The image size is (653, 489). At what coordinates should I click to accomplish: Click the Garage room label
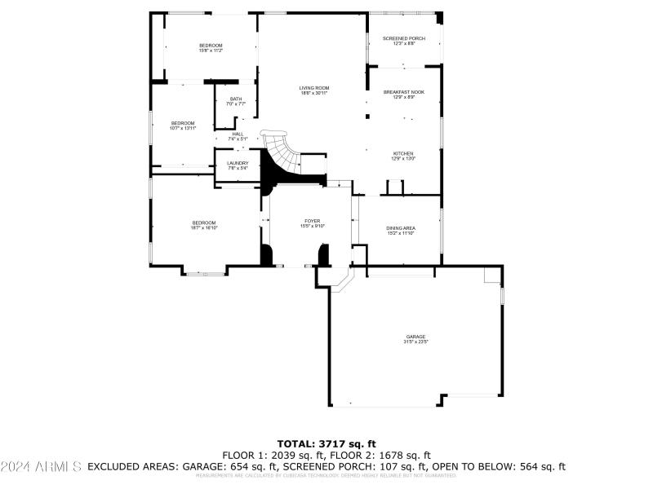click(x=416, y=337)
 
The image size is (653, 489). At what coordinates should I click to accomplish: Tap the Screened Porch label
click(x=404, y=38)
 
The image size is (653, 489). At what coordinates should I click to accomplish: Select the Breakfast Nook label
click(x=404, y=92)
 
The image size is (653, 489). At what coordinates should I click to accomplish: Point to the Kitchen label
click(x=403, y=153)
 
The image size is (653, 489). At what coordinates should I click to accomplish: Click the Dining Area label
click(x=401, y=228)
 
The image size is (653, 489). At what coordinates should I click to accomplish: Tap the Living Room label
click(x=313, y=88)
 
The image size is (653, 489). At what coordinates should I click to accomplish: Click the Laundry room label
click(x=238, y=163)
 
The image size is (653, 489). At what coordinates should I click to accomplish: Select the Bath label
click(x=236, y=99)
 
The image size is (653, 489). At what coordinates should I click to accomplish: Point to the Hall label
click(x=238, y=134)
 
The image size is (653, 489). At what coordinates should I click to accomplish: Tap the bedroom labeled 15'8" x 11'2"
click(x=211, y=45)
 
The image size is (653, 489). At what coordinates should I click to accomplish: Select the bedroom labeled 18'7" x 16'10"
click(x=204, y=223)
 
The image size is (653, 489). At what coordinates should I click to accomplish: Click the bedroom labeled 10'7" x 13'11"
click(x=183, y=123)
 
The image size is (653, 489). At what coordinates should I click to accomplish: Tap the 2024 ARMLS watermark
click(x=42, y=467)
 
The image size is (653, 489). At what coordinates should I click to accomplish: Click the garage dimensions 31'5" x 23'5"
click(x=416, y=341)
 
